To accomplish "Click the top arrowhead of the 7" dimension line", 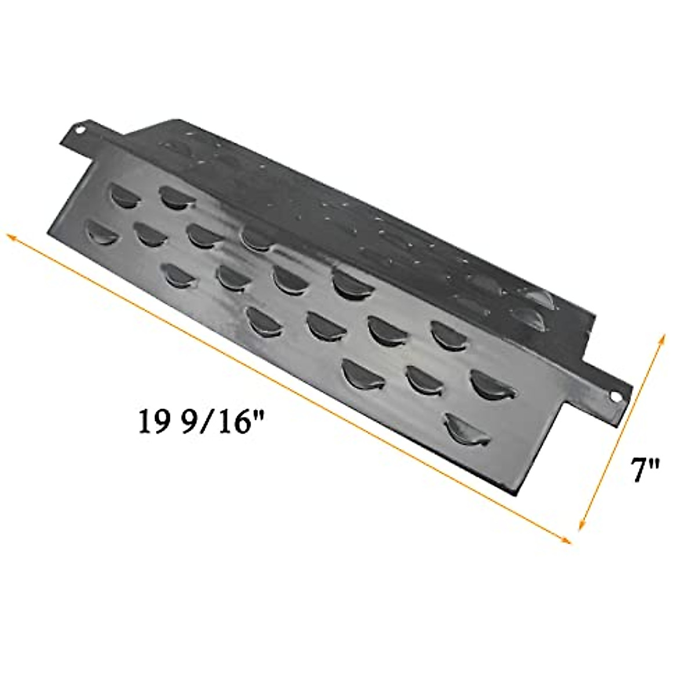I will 662,337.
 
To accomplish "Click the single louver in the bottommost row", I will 467,430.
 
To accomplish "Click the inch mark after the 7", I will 657,463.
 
